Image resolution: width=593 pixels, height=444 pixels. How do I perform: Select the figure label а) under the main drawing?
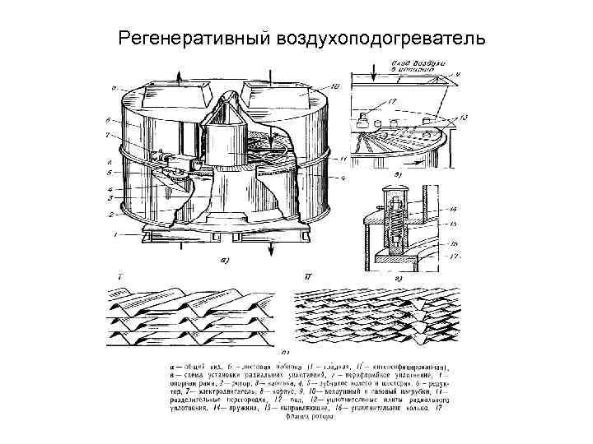point(223,261)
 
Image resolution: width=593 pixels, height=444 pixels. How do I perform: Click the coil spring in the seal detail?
point(395,222)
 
